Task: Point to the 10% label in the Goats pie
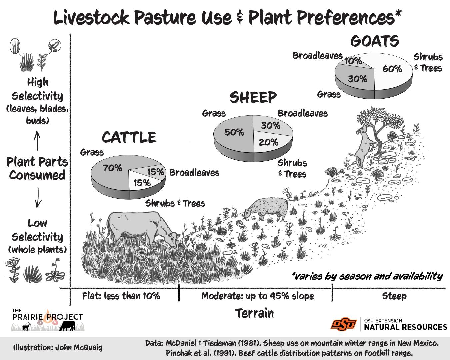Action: point(353,61)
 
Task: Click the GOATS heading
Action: point(375,41)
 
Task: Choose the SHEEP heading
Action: point(253,98)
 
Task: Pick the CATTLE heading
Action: point(129,137)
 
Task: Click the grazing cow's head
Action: point(172,239)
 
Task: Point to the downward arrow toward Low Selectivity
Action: point(38,197)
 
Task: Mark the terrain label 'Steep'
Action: point(394,296)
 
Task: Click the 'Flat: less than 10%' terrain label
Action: point(121,296)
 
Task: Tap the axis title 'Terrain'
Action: point(254,313)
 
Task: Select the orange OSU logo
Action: point(343,324)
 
